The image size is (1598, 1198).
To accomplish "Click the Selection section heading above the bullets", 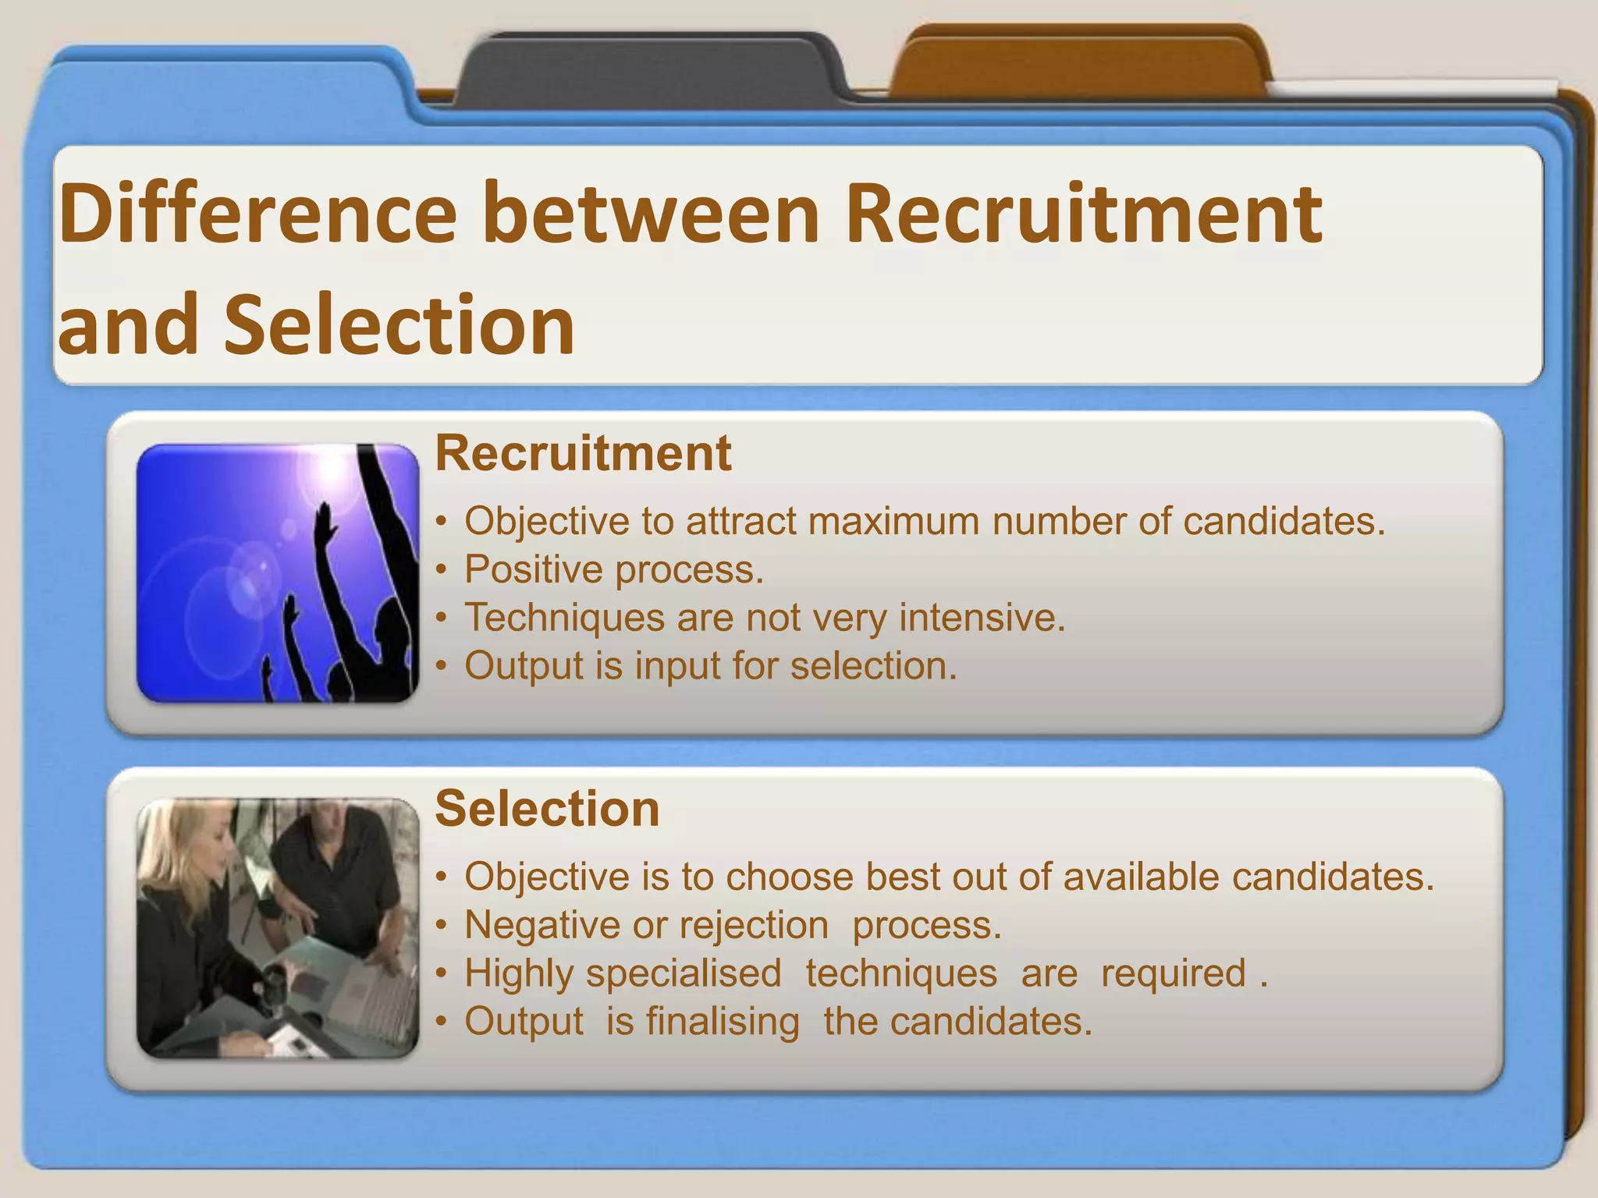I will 547,808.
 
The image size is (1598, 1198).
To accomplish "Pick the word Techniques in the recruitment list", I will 564,618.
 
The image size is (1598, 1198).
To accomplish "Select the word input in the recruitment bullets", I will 676,666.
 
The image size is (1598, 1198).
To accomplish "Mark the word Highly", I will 519,973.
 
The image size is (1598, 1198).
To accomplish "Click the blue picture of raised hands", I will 277,573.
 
